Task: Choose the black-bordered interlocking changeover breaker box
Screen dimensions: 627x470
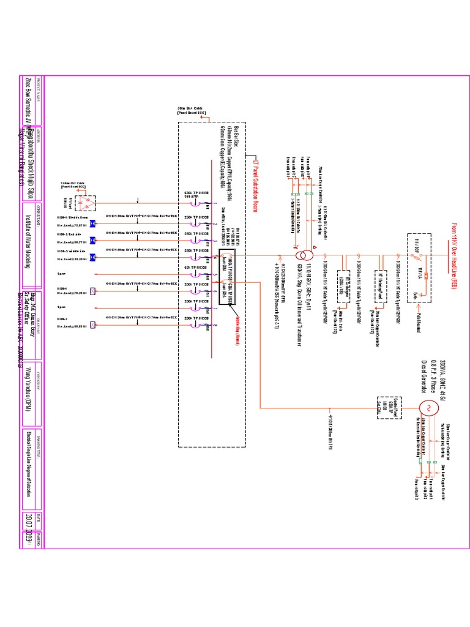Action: click(227, 276)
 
